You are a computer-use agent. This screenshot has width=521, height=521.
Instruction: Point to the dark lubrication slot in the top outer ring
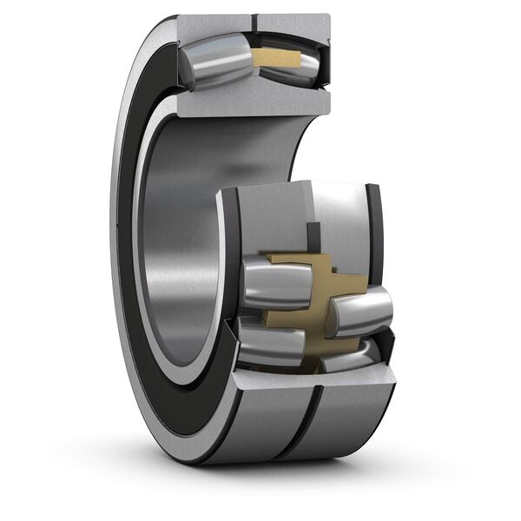click(256, 21)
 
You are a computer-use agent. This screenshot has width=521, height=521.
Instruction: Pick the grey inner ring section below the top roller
click(252, 102)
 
